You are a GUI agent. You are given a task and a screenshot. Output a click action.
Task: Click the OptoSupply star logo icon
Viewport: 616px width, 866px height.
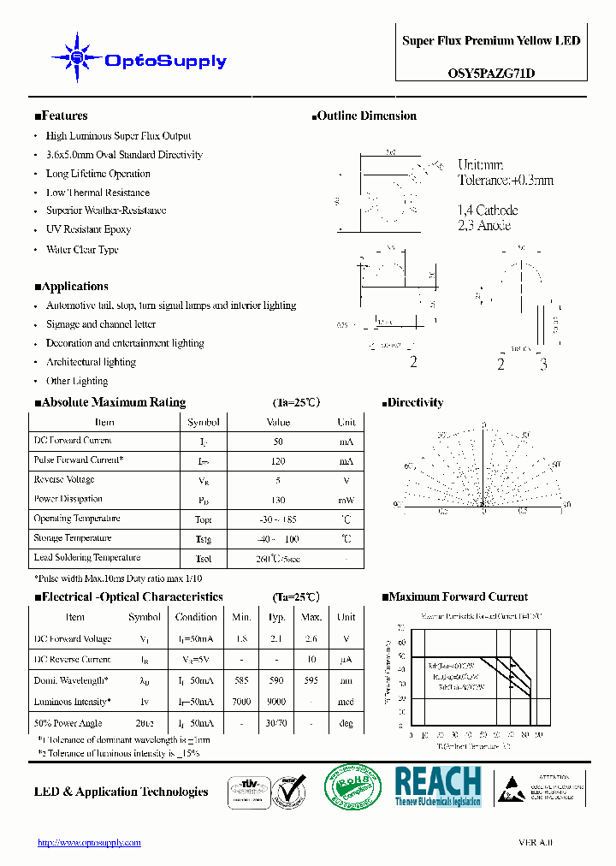pos(77,57)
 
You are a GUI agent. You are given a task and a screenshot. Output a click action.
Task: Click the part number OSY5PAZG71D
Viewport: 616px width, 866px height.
pos(491,74)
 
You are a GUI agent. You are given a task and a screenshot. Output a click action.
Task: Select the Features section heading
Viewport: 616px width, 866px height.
pos(61,116)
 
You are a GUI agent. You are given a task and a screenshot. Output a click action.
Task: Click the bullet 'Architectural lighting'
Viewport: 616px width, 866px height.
pos(91,363)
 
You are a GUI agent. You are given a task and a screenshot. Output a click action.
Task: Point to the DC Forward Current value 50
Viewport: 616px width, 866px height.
pos(278,442)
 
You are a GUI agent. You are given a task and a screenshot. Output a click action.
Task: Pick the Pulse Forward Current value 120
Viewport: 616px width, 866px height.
pos(278,460)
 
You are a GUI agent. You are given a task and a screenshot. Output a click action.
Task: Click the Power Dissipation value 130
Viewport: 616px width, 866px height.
pos(278,500)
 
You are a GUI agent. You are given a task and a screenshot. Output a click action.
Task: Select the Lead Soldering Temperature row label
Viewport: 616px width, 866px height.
pos(86,558)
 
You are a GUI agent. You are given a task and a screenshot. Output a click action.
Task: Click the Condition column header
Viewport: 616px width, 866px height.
pos(196,617)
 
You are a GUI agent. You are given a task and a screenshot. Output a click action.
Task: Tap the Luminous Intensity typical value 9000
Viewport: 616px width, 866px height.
pos(276,702)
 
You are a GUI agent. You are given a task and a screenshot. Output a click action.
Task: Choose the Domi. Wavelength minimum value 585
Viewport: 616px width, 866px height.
pos(241,681)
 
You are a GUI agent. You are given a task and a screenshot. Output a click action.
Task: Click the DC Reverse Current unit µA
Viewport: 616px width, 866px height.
pos(346,660)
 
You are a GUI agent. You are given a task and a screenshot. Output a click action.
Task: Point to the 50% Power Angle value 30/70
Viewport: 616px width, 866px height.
pos(276,723)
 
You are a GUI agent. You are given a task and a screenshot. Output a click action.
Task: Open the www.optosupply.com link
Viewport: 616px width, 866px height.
pos(89,843)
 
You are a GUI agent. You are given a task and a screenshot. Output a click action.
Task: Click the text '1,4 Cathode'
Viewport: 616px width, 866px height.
pos(488,211)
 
